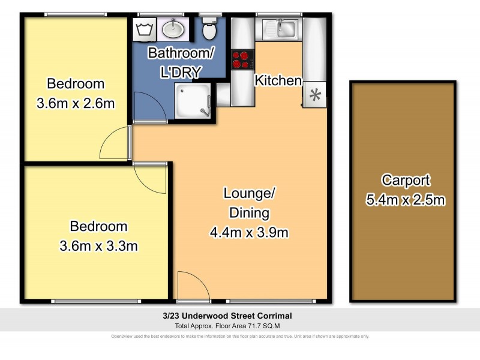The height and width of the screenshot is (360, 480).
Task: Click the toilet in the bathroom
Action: [x=209, y=28]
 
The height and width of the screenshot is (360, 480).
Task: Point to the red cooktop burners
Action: [x=243, y=59]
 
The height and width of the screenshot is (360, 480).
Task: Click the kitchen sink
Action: [x=281, y=28]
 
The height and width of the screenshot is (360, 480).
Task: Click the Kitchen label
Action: [x=278, y=80]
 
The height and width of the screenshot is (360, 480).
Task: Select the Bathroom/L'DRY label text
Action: [x=181, y=62]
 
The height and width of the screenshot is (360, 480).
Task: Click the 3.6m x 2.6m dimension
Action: [x=76, y=103]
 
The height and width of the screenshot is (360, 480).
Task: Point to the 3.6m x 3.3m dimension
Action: [x=98, y=245]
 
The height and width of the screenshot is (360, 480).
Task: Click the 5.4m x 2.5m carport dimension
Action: [x=405, y=200]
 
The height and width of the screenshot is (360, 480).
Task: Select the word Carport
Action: [x=406, y=180]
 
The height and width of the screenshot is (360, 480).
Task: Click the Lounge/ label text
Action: [x=249, y=193]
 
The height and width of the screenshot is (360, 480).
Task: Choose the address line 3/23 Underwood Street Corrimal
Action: [x=240, y=316]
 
